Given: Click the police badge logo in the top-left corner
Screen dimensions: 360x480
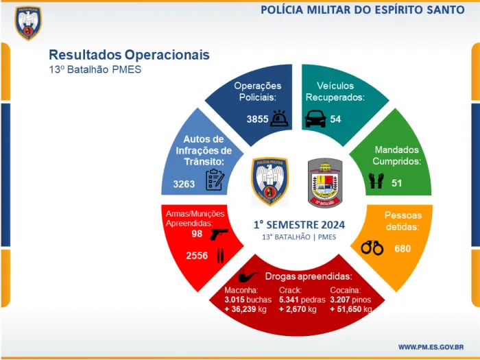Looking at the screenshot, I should pos(27,23).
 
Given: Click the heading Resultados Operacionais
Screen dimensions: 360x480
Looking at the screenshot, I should pos(129,55).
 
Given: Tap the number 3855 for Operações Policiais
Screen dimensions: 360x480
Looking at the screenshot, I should pos(258,119).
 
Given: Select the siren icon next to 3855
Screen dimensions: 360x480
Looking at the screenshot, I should pos(280,119).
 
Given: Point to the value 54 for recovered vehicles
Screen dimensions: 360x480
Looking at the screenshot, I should pos(335,119).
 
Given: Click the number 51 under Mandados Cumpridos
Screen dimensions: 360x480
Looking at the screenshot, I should pos(396,183).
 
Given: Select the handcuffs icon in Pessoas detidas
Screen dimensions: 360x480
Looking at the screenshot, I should pos(372,248).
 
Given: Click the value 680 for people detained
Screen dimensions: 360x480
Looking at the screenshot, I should pos(403,248).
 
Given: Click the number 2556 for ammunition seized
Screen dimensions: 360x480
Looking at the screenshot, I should pos(197,256).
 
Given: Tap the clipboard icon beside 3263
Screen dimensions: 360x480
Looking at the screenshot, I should pos(215,180).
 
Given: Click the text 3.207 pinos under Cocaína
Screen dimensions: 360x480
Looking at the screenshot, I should pos(350,300).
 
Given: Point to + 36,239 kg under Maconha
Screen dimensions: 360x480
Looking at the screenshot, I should pos(246,309).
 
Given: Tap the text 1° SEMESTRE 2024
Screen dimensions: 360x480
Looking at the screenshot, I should pos(299,224).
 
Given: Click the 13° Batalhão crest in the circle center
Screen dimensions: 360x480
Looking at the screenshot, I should pos(325,182).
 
